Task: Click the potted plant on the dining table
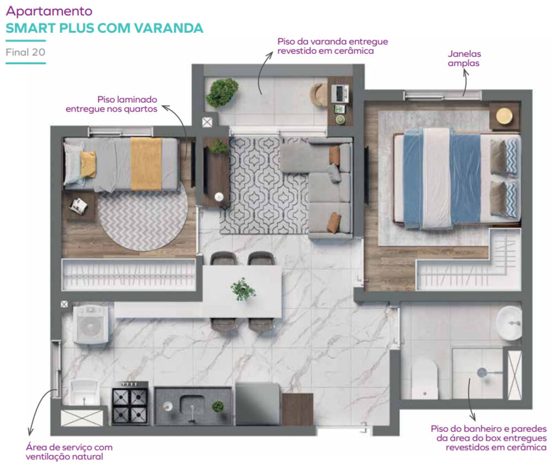(243, 289)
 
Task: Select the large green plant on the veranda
(222, 92)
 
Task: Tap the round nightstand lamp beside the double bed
(504, 116)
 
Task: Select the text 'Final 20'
(25, 53)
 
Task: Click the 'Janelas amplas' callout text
(464, 59)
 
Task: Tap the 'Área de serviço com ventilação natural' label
(68, 452)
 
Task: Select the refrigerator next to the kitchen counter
(257, 404)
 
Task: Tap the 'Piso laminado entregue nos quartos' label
(112, 104)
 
